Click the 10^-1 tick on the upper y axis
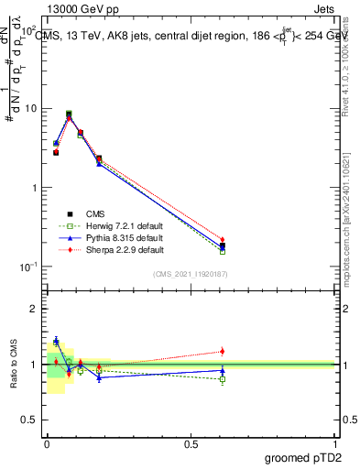[x=28, y=267]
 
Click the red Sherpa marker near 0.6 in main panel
[x=223, y=239]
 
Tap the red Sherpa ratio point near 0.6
[x=223, y=351]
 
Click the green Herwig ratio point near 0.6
[x=223, y=379]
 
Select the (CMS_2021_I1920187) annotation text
[x=191, y=274]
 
